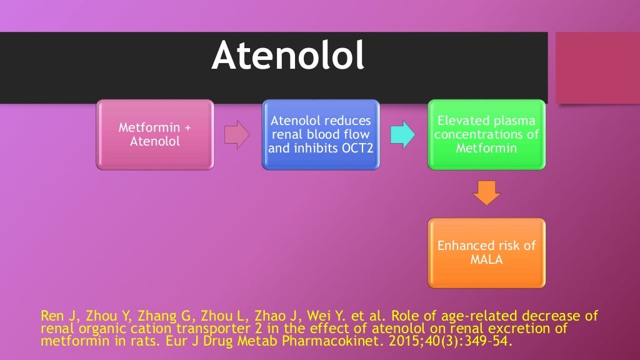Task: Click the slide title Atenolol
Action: coord(288,56)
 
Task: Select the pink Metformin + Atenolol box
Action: coord(155,134)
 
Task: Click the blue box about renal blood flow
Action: coord(320,134)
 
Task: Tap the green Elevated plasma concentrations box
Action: coord(486,134)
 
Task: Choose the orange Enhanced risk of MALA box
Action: coord(486,252)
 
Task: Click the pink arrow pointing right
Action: coord(236,135)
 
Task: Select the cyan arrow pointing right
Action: coord(402,135)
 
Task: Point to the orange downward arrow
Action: coord(487,192)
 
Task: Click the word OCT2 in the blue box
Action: coord(356,149)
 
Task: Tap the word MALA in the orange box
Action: coord(486,259)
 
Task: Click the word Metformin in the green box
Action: coord(486,149)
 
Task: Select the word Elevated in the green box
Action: coord(461,121)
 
